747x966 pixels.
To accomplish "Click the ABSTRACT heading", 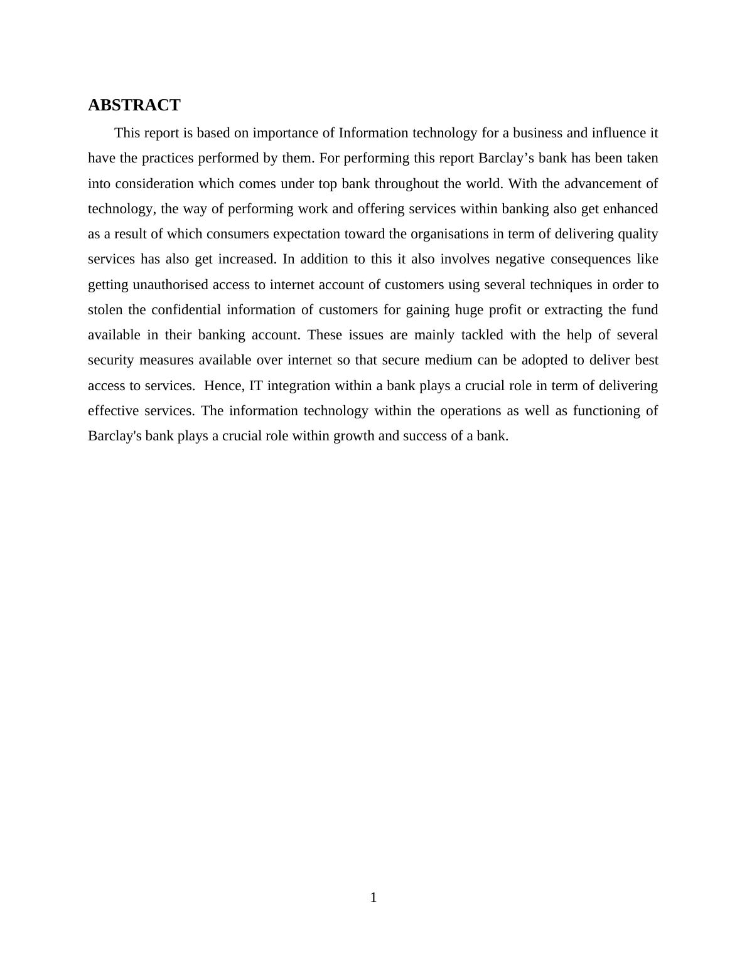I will (x=134, y=105).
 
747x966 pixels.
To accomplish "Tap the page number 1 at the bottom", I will (x=373, y=898).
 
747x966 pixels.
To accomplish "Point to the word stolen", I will (x=105, y=310).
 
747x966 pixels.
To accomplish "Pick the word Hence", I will (x=223, y=386).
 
